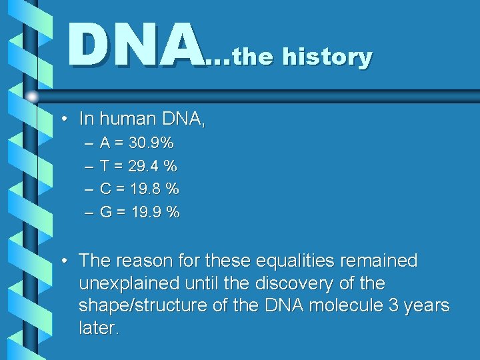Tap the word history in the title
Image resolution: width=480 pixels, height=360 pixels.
coord(327,57)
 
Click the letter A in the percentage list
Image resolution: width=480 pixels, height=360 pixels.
coord(105,143)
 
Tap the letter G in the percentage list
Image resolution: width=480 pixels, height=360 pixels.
coord(106,213)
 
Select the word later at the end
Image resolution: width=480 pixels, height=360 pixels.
coord(99,329)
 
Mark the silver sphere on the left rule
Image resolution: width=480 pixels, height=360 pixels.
coord(32,97)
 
